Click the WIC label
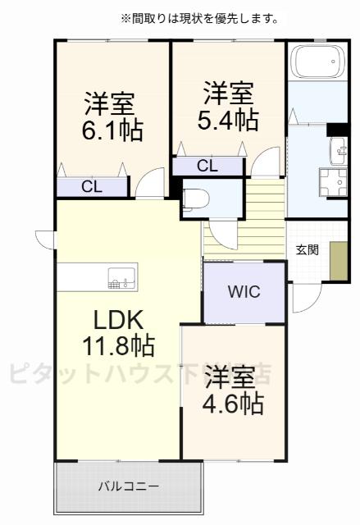tap(243, 292)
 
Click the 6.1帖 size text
tap(112, 130)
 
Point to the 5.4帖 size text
tap(228, 120)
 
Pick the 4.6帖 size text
tap(235, 402)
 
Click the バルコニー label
tap(129, 486)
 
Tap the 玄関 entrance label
tap(308, 249)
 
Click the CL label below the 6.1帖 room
tap(91, 186)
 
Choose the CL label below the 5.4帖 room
tap(207, 166)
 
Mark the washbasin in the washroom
tap(338, 150)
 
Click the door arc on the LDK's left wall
tap(45, 239)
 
